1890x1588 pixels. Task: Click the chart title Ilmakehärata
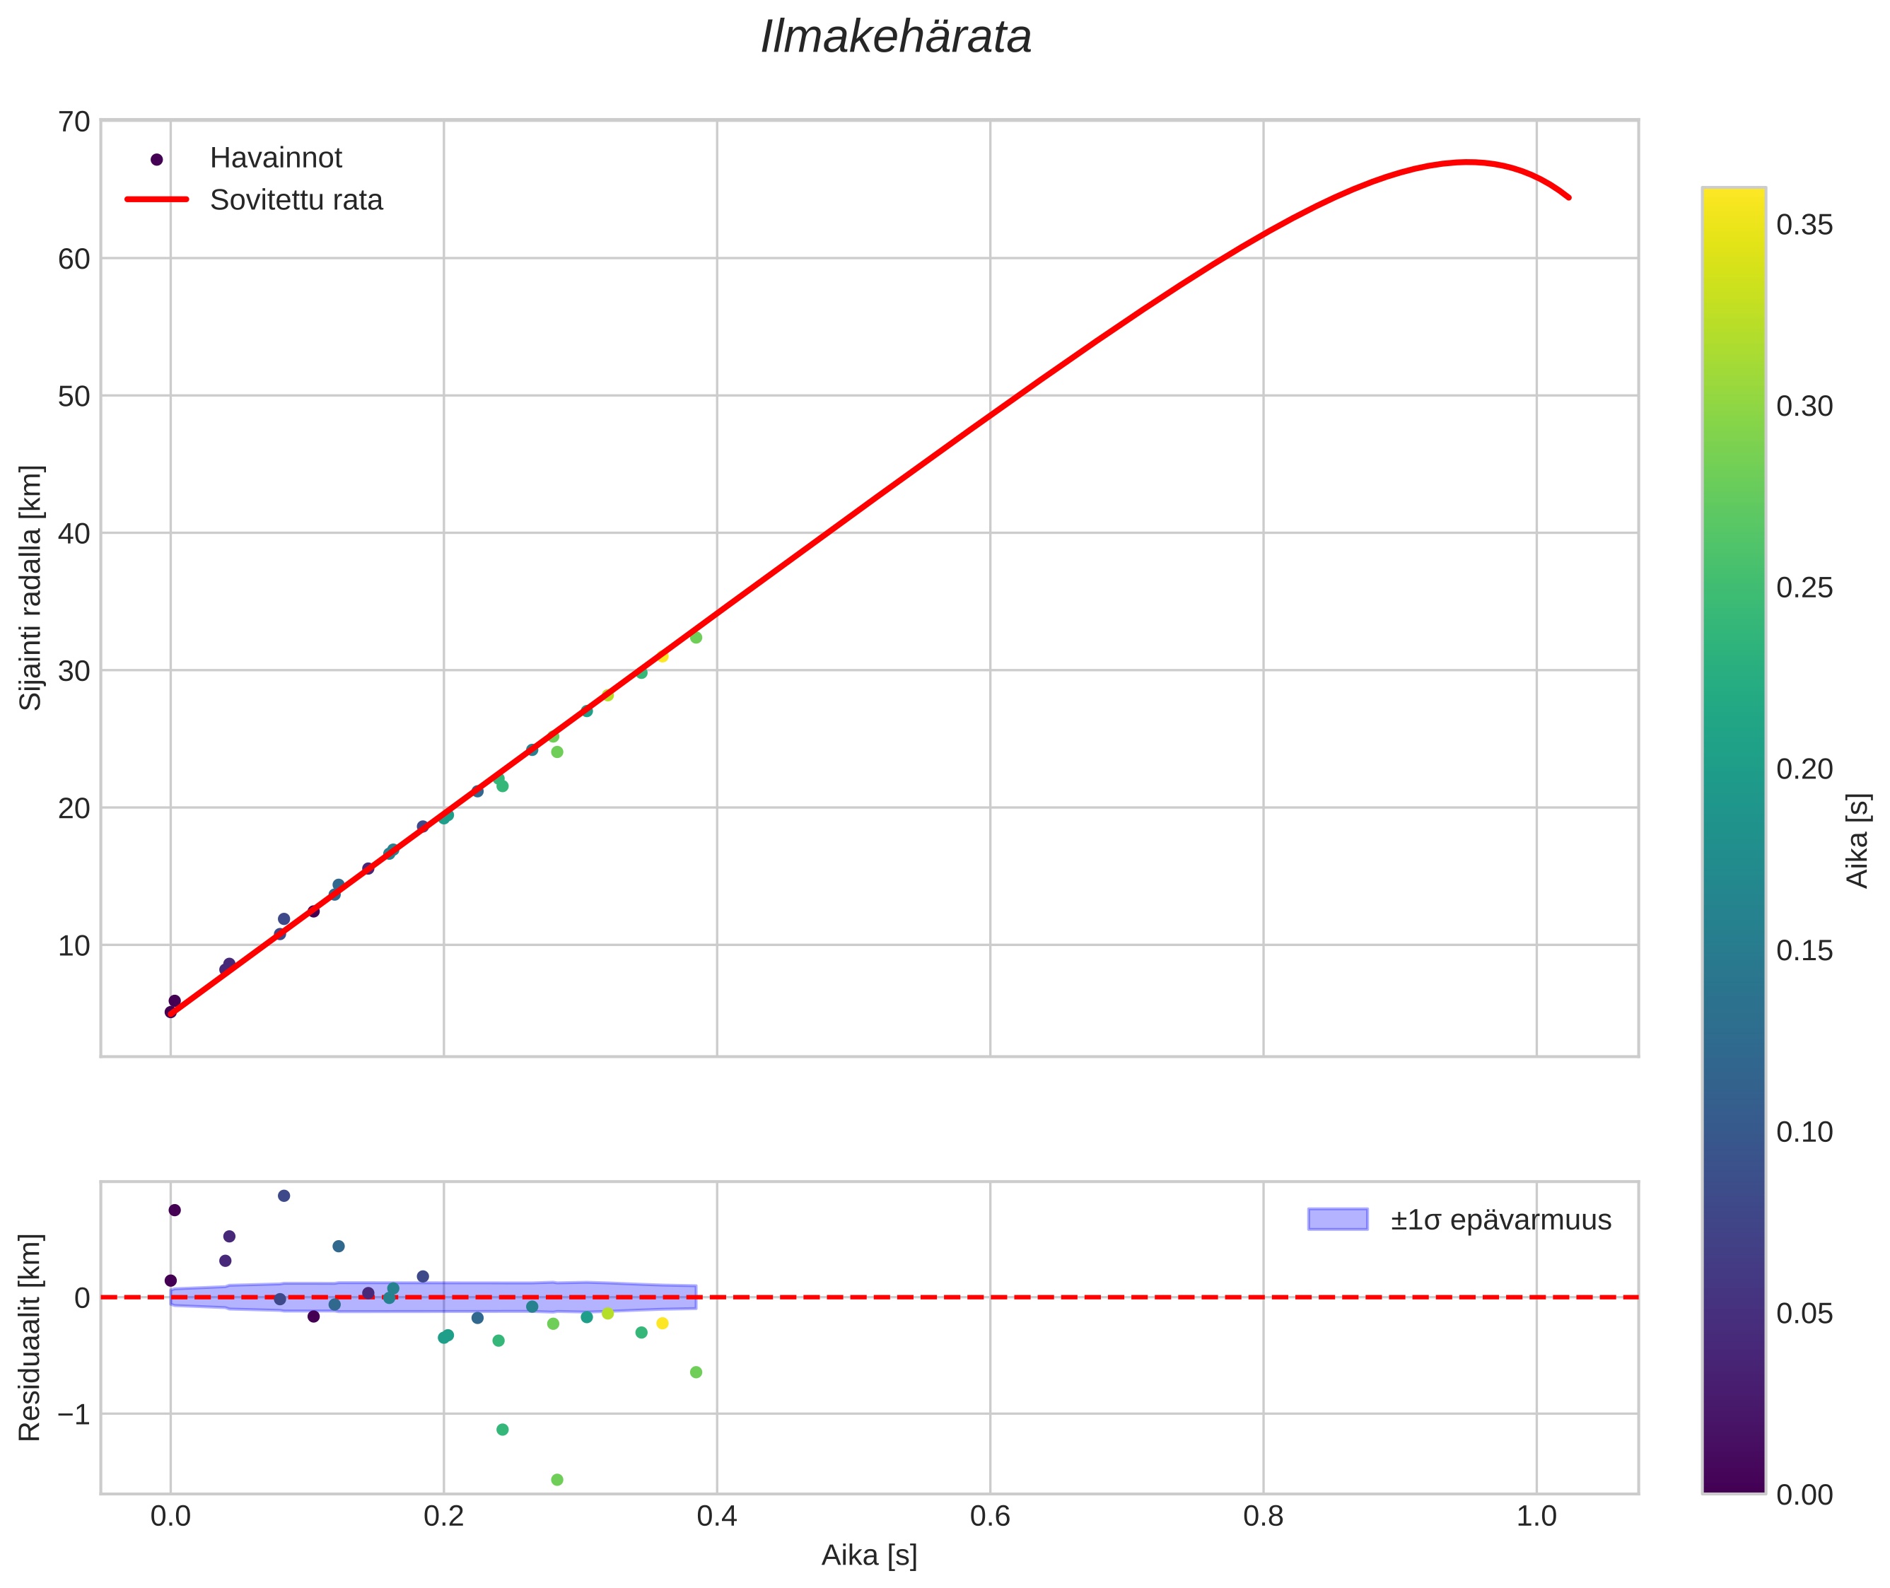pyautogui.click(x=895, y=37)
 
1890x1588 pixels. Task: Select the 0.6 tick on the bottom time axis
pyautogui.click(x=990, y=1517)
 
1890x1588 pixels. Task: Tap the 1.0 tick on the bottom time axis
pyautogui.click(x=1536, y=1517)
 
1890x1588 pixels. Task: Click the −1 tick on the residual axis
pyautogui.click(x=73, y=1414)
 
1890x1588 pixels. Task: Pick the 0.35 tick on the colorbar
pyautogui.click(x=1804, y=225)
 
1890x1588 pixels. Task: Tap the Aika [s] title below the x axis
pyautogui.click(x=869, y=1555)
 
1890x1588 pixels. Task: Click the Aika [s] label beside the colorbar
pyautogui.click(x=1857, y=841)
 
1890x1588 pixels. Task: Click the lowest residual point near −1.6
pyautogui.click(x=557, y=1480)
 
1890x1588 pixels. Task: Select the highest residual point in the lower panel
pyautogui.click(x=284, y=1196)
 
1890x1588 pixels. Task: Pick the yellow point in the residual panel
pyautogui.click(x=663, y=1324)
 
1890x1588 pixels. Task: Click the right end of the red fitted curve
pyautogui.click(x=1570, y=198)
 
